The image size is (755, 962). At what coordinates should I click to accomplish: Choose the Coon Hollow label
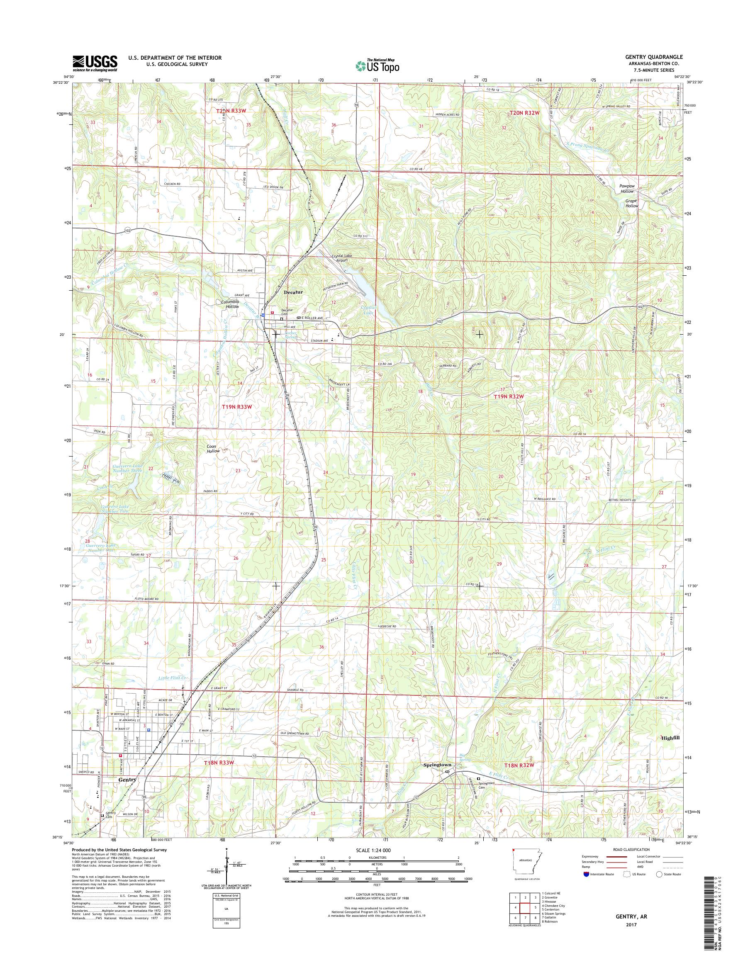point(214,449)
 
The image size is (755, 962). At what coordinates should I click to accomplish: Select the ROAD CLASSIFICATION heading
point(632,849)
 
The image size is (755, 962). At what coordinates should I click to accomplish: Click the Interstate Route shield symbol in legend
point(586,874)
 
